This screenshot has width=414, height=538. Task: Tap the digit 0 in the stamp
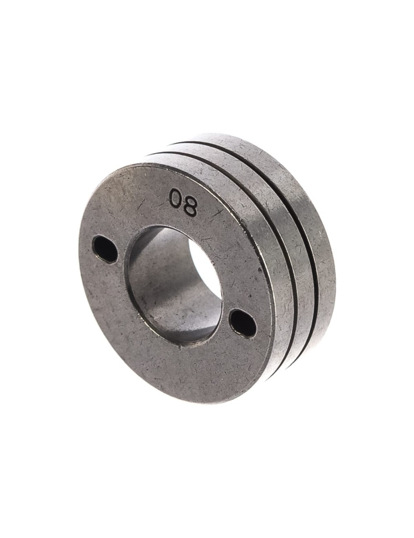point(175,197)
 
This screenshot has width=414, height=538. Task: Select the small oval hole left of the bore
point(106,248)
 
